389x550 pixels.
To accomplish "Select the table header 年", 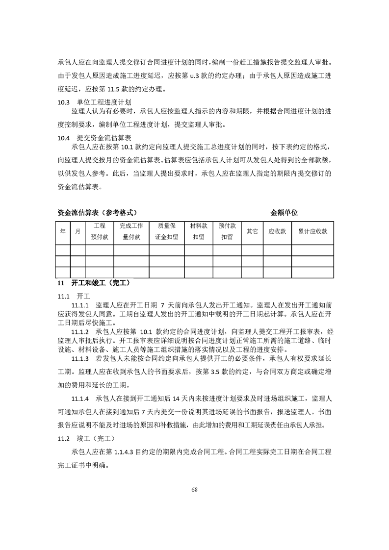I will click(x=62, y=231).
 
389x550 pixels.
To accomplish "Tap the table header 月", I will click(x=78, y=231).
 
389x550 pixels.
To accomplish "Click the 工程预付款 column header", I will click(x=100, y=231).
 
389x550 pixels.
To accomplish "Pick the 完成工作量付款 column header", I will click(x=131, y=231).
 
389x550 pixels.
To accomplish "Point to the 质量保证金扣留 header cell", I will click(x=166, y=231).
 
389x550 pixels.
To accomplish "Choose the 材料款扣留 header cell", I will click(x=199, y=231).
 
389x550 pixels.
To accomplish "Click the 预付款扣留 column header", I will click(x=227, y=231).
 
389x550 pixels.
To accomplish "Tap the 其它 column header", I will click(x=252, y=231).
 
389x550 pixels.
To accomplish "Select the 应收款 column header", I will click(x=277, y=231).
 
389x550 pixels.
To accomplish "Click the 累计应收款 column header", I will click(x=312, y=231).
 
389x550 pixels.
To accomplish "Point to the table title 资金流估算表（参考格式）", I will click(x=97, y=213).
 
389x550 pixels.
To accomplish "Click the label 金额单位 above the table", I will click(x=284, y=213).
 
